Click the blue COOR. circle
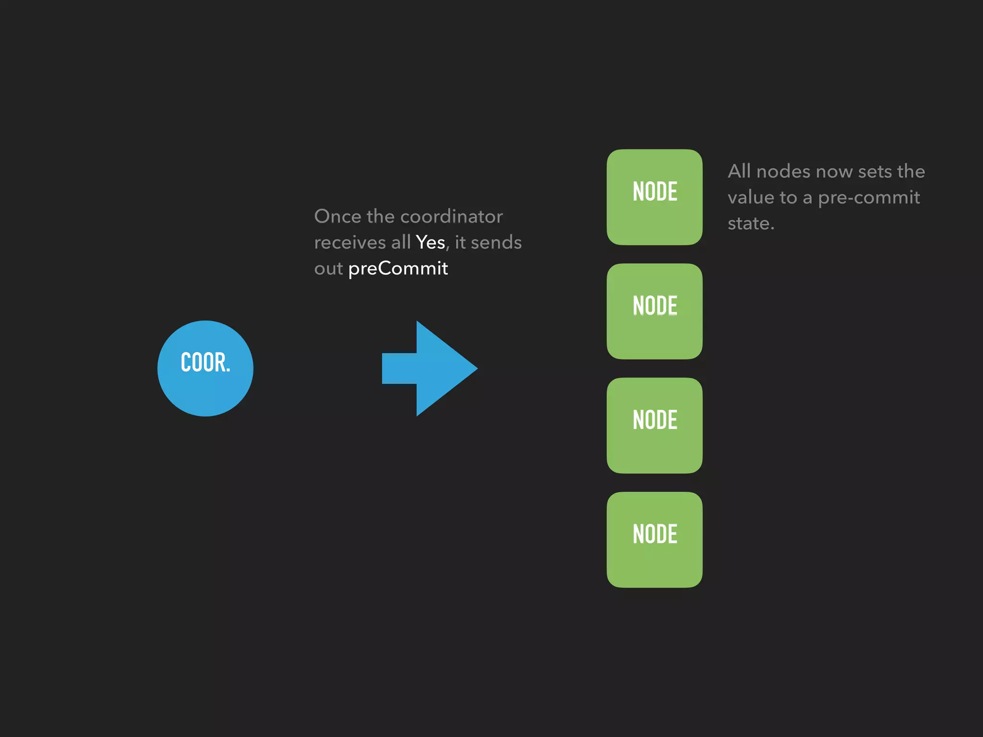[x=205, y=368]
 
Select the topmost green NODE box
[x=654, y=197]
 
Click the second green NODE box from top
[x=654, y=311]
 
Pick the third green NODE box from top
[x=654, y=426]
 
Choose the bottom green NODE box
[x=654, y=540]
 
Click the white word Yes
[x=431, y=243]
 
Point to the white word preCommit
[x=398, y=269]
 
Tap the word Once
[x=337, y=217]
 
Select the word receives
[x=350, y=243]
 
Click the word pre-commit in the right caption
[x=869, y=198]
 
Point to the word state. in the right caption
[x=751, y=224]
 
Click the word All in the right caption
[x=739, y=171]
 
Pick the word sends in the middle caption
[x=496, y=243]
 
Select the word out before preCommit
[x=328, y=269]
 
